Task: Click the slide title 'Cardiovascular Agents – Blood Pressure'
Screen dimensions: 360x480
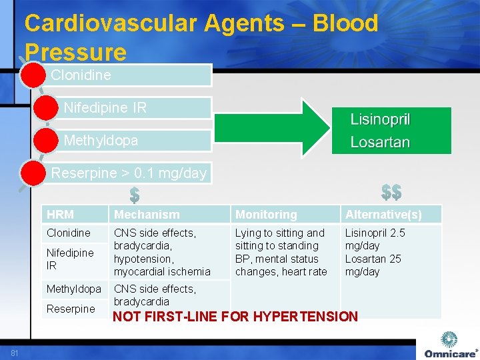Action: click(x=201, y=37)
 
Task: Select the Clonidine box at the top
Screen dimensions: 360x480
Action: click(x=127, y=75)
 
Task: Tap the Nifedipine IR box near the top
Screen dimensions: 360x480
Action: click(x=133, y=107)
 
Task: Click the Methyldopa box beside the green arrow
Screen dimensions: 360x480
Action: click(x=133, y=140)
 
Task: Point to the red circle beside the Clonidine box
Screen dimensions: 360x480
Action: click(x=32, y=75)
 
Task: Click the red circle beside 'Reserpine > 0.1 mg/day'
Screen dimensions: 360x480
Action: click(x=32, y=173)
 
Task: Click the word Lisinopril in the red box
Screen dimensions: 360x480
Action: click(x=380, y=120)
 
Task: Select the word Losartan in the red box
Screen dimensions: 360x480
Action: click(x=380, y=143)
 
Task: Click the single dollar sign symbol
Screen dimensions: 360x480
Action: click(x=134, y=195)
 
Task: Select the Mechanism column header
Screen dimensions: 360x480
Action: click(x=147, y=215)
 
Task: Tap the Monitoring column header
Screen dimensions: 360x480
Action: click(x=266, y=215)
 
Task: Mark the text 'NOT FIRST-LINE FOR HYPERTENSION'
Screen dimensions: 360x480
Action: click(x=235, y=317)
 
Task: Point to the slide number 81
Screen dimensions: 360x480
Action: click(x=14, y=353)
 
